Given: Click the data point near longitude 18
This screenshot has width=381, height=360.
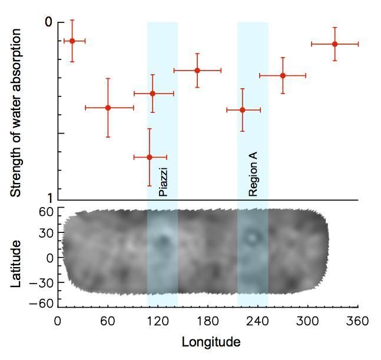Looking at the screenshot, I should coord(72,41).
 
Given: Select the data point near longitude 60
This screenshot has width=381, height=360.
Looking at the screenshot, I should coord(108,108).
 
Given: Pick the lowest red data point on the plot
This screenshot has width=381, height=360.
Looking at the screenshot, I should coord(150,157).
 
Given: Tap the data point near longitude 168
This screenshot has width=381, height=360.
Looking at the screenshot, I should coord(197,70).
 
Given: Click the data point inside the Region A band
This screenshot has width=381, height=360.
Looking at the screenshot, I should coord(243,109).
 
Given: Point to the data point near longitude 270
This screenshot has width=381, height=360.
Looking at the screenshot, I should coord(283,75).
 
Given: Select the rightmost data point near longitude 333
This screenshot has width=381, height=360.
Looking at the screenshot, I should coord(334,44).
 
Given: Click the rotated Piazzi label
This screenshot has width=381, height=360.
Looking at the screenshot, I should coord(163,182).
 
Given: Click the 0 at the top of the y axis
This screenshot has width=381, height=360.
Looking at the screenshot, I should coord(49,22).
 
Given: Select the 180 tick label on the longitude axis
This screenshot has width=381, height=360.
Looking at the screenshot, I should coord(207,321).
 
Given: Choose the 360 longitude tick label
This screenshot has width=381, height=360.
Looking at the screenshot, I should coord(357,321).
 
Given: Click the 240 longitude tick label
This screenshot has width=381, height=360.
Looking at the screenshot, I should coord(257,321).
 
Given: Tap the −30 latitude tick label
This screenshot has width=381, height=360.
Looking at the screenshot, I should coord(43,282).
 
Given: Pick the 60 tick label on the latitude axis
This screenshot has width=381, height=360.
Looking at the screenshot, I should coord(47,211).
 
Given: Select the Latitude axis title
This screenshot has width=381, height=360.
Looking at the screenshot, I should coord(17,263).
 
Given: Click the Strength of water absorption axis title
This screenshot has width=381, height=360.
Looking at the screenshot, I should coord(16,112).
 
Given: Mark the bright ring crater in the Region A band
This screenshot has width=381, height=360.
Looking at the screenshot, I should coord(253,237).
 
